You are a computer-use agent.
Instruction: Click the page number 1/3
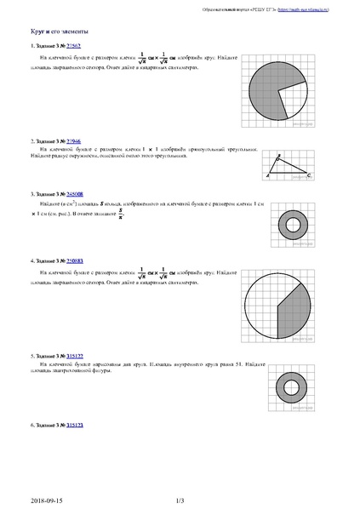[x=180, y=501]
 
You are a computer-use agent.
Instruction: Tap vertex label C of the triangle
[x=308, y=175]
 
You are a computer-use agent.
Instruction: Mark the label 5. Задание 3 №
[x=47, y=354]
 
